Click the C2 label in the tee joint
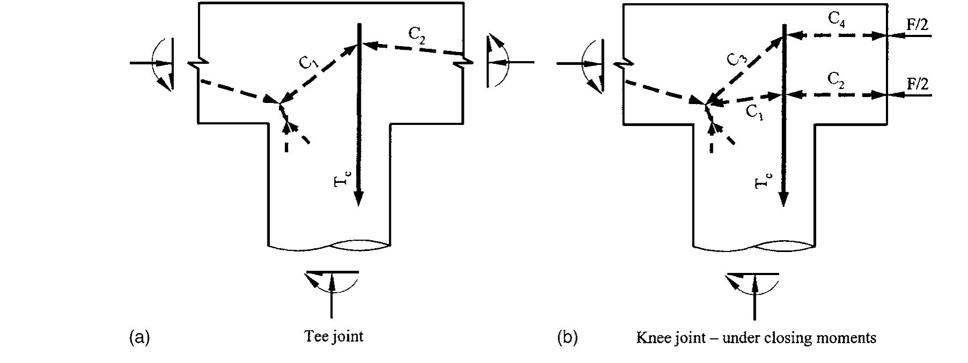coord(417,34)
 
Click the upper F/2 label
coord(917,23)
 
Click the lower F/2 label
coord(917,84)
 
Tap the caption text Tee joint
coord(334,337)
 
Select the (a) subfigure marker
coord(139,338)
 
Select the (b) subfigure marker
coord(567,338)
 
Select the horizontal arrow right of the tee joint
coord(516,63)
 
